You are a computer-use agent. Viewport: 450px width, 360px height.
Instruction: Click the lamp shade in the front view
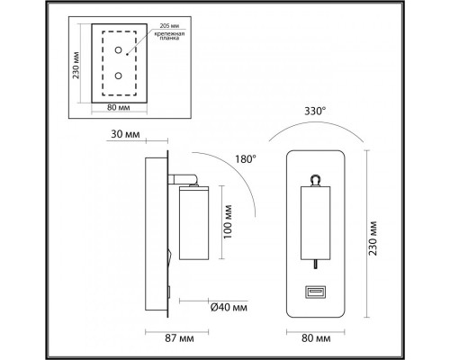coord(316,221)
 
